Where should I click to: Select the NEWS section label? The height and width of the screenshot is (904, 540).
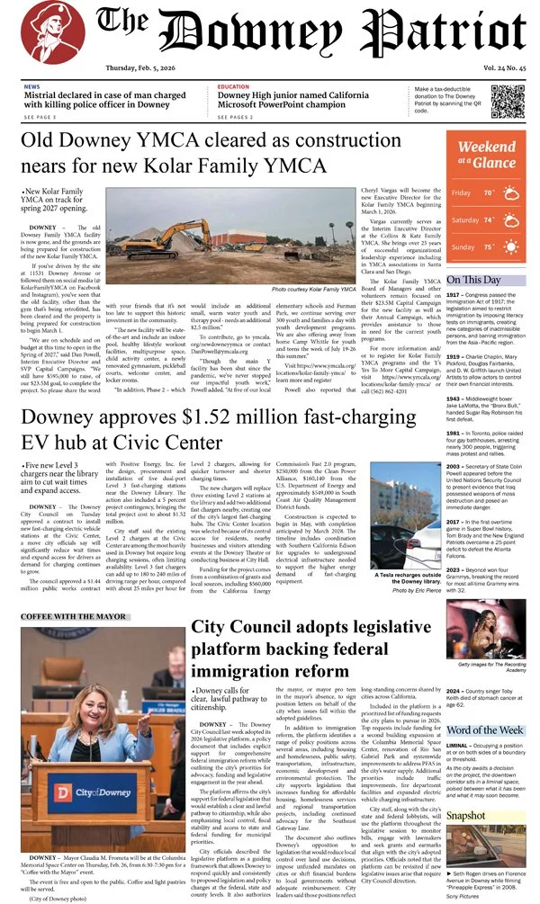(x=31, y=86)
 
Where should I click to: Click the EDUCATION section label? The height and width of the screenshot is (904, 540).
(x=234, y=86)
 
